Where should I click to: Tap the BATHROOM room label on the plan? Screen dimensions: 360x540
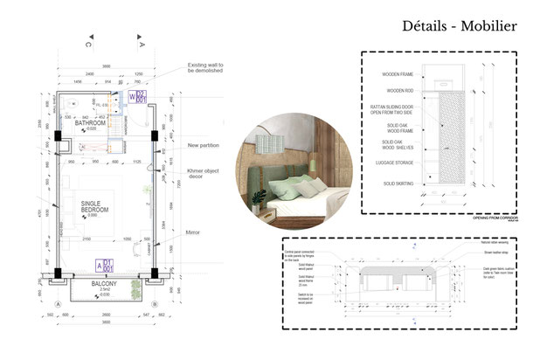click(89, 124)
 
